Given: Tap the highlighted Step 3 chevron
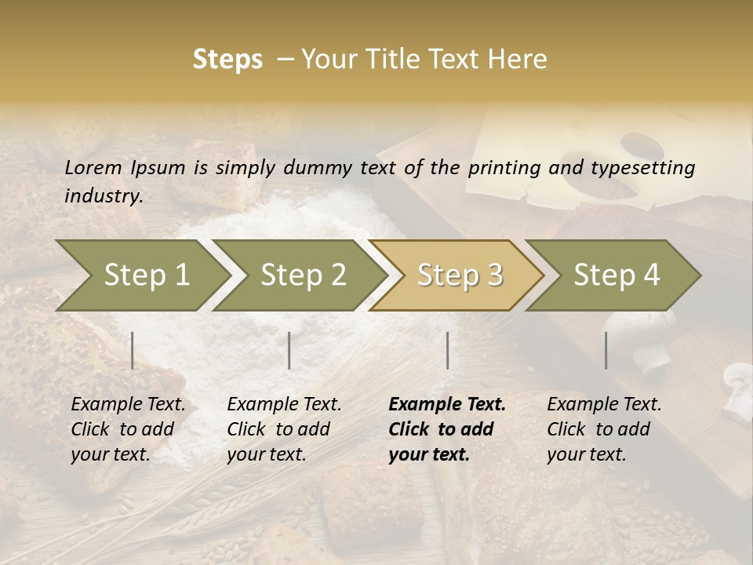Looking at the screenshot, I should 460,275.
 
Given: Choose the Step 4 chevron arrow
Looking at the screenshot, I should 617,275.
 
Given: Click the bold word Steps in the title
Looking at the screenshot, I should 227,60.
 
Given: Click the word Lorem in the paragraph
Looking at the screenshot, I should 93,167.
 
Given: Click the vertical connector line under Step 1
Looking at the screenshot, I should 133,350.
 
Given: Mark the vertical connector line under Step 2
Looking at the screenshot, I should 289,350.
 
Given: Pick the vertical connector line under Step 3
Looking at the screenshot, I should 448,350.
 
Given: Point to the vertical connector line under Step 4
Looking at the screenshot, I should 606,350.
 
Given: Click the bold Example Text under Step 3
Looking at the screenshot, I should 447,405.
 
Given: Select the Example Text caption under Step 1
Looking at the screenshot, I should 128,405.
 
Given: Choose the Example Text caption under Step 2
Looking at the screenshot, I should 284,405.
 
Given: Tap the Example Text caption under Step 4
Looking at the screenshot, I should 604,405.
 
